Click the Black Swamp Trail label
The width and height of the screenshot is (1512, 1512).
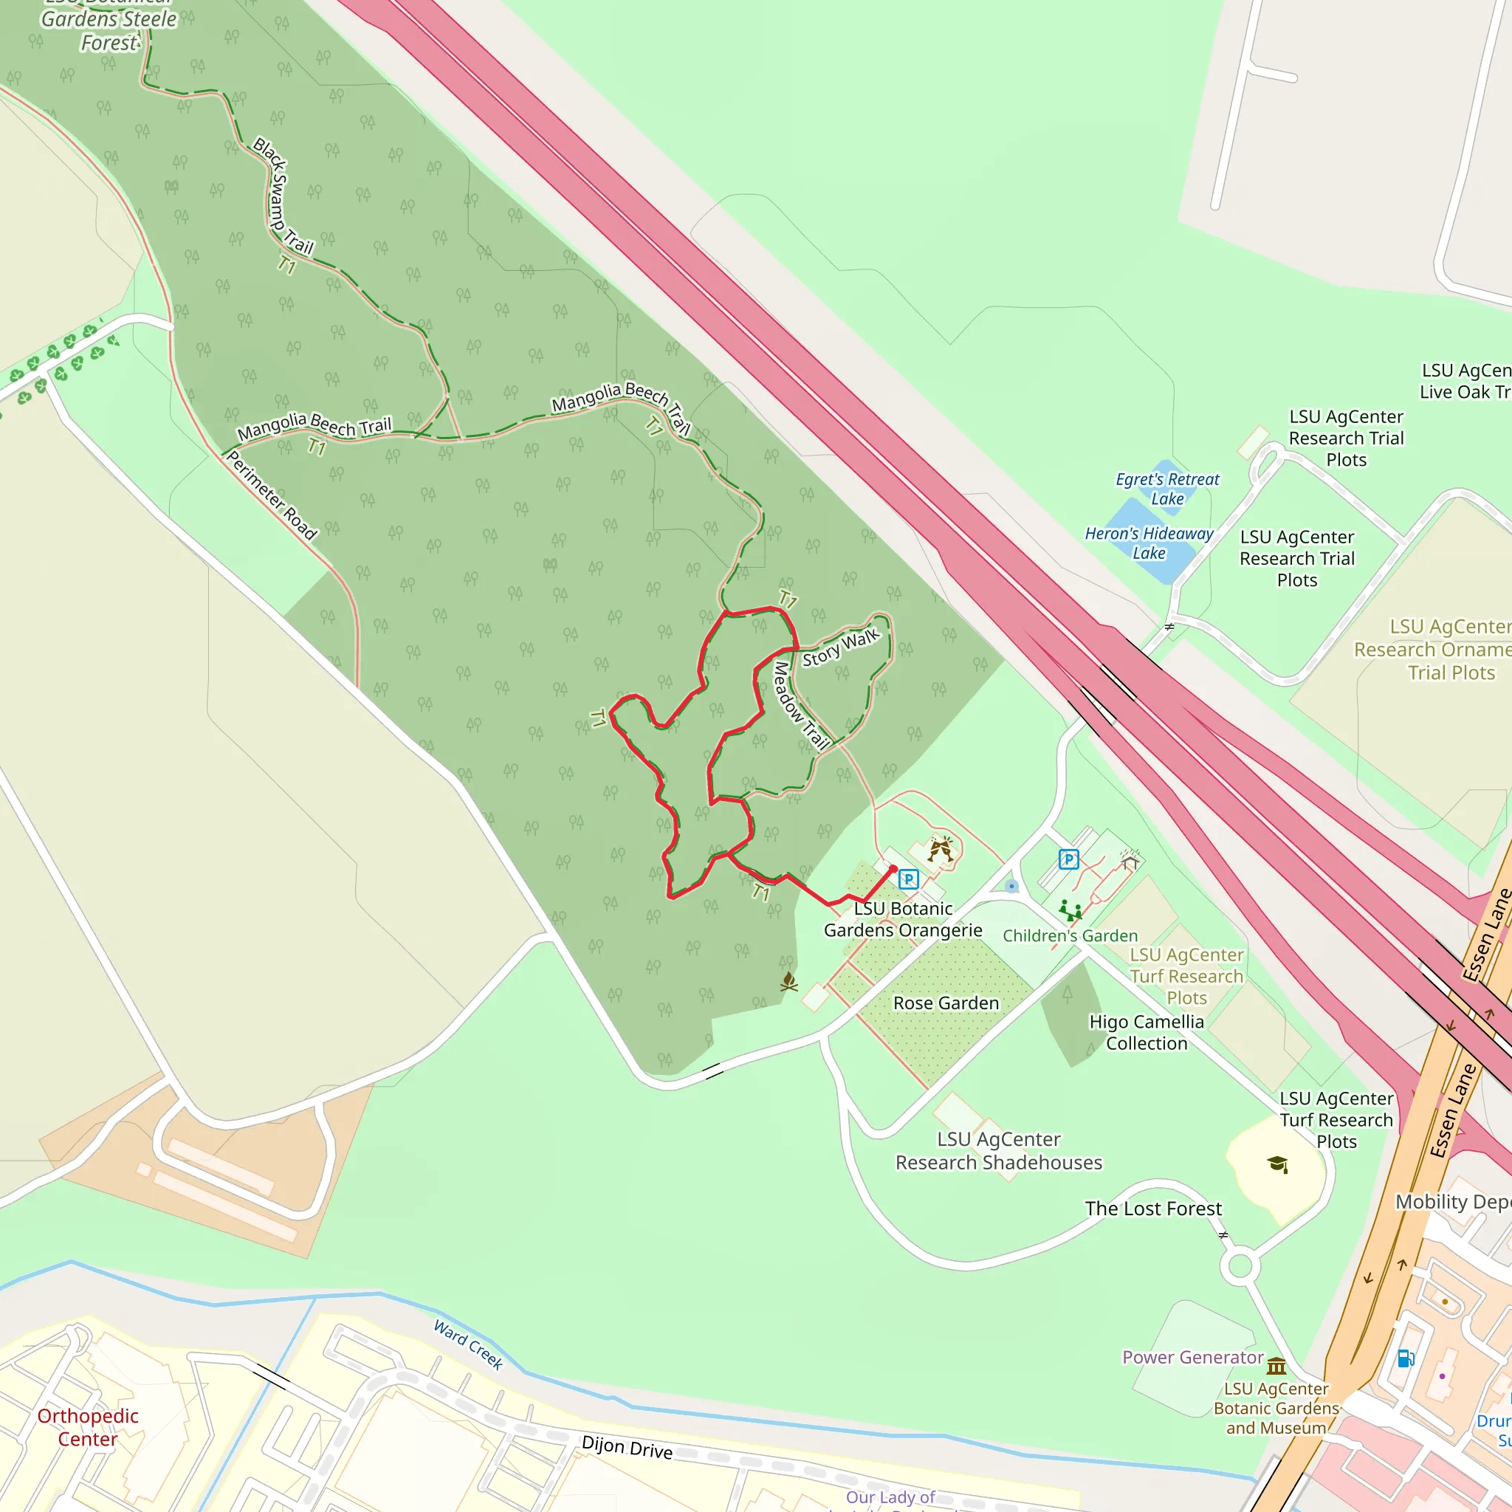[283, 197]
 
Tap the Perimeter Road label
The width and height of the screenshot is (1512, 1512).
[272, 496]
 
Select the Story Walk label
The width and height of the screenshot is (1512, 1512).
[840, 648]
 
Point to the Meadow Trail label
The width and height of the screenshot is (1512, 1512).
[800, 706]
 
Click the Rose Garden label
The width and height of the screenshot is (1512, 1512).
[946, 1003]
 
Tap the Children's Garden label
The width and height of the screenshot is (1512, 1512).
[1070, 935]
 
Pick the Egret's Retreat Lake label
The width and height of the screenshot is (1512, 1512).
[1167, 488]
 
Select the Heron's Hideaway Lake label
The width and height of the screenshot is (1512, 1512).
[1148, 543]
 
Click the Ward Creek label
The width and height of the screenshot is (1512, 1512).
[468, 1344]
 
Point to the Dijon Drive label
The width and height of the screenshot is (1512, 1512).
[627, 1447]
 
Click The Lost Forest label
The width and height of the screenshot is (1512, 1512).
[1152, 1209]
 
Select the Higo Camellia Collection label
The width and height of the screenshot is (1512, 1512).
[1147, 1032]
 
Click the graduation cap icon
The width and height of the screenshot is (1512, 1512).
[1277, 1164]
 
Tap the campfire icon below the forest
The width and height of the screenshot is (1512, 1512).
[789, 981]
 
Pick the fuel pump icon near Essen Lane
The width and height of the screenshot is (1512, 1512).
[1405, 1358]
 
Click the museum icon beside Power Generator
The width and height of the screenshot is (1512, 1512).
[1276, 1366]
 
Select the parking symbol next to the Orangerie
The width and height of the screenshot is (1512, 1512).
[908, 879]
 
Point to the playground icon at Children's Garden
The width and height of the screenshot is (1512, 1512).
[1070, 910]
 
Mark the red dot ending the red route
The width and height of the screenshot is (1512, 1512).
[893, 869]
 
